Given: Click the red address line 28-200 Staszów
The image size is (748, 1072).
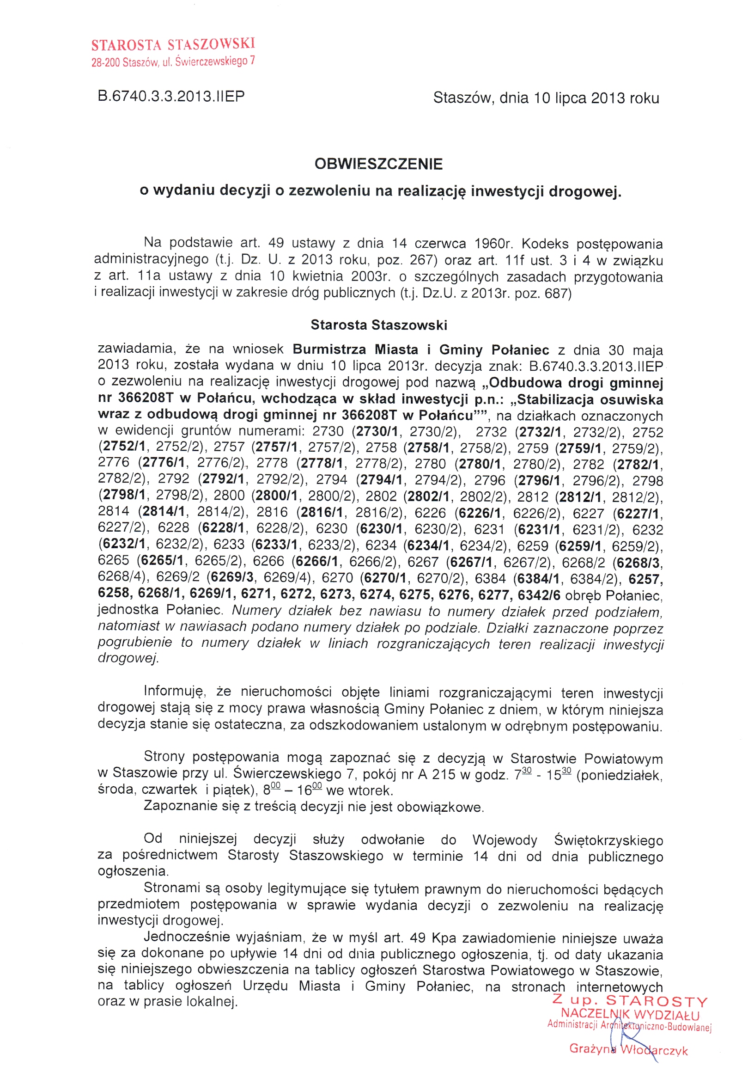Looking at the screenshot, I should coord(173,61).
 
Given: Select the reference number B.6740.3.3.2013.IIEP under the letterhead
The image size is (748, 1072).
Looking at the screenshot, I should coord(171,96).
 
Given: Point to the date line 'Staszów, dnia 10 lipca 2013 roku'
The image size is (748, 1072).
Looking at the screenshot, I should coord(546,98).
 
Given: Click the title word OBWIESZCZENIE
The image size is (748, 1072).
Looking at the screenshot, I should coord(378,164).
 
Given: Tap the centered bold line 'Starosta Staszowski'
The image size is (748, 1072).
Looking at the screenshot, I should coord(378,325).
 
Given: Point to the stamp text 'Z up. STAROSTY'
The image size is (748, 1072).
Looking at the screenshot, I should coord(629,1000).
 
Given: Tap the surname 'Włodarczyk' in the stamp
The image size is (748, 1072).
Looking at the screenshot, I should coord(654,1050).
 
